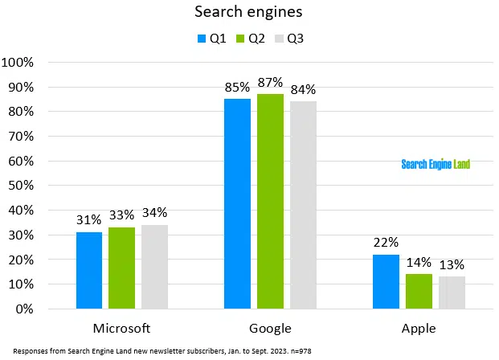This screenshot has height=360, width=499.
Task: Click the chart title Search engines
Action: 249,13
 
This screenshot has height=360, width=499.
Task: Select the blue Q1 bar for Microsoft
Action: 89,270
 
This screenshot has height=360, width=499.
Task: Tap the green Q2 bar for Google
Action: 270,201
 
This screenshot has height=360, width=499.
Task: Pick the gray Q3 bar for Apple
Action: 452,292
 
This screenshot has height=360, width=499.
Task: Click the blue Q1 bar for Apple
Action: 387,281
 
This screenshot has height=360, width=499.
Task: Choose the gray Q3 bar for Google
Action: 303,205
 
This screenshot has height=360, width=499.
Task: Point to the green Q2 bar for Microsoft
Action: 121,268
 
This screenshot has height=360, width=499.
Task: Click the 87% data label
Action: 270,83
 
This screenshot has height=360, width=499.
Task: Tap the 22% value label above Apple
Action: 387,243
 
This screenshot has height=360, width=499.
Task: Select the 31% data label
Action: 89,219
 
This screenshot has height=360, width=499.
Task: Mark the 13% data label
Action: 452,264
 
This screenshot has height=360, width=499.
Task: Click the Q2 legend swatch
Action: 242,39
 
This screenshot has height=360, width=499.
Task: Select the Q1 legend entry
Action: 211,39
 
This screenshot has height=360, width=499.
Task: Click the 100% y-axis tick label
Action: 17,62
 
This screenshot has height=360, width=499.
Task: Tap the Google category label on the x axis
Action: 270,328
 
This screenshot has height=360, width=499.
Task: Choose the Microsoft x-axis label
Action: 121,328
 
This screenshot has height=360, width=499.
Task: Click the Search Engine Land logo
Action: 436,164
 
